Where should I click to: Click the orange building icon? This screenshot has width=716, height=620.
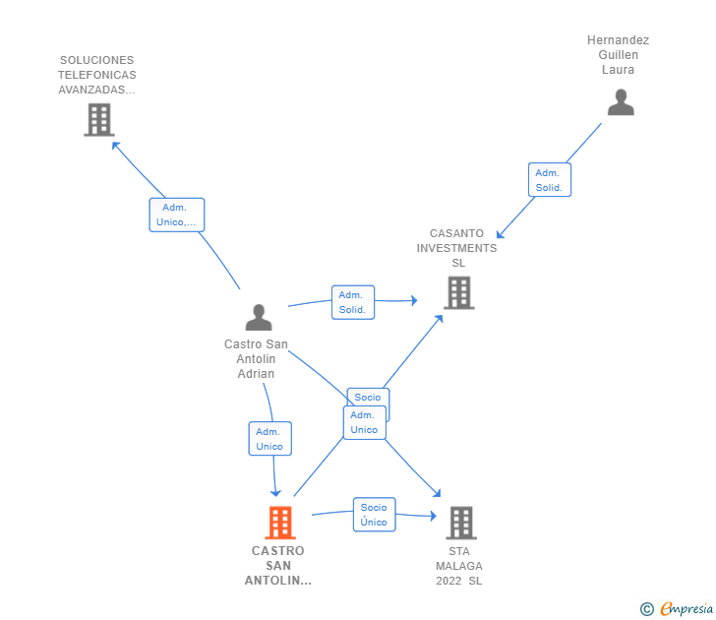[x=280, y=523]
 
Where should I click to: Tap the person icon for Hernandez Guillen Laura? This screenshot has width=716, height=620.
[x=621, y=102]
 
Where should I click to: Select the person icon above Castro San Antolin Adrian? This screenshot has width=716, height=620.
[x=259, y=317]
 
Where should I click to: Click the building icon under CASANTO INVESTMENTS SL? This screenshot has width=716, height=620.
[x=459, y=293]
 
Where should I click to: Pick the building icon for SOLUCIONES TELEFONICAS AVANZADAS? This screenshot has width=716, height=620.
[x=99, y=120]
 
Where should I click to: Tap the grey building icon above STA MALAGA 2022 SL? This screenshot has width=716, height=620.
[x=461, y=523]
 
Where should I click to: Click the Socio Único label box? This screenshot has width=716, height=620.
[x=374, y=515]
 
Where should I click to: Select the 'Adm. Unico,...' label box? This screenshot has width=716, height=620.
[x=177, y=215]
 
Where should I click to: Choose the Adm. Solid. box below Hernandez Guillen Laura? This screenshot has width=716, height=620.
[x=550, y=179]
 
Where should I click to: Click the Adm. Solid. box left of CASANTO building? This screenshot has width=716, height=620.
[x=353, y=302]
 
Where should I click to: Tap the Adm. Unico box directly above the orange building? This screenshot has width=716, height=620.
[x=269, y=439]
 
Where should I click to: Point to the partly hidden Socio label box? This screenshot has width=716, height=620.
[x=368, y=397]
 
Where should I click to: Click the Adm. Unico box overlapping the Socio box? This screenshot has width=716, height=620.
[x=364, y=422]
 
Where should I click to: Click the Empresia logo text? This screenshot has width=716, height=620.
[x=686, y=609]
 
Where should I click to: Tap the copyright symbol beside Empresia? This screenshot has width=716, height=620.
[x=647, y=609]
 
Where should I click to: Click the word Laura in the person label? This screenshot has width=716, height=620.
[x=618, y=70]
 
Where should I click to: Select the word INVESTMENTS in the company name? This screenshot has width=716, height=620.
[x=456, y=248]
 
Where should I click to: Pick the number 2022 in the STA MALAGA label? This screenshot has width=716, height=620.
[x=448, y=581]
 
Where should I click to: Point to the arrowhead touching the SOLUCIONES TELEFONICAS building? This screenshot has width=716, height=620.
[x=115, y=146]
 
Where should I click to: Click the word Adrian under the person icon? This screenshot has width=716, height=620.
[x=256, y=374]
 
